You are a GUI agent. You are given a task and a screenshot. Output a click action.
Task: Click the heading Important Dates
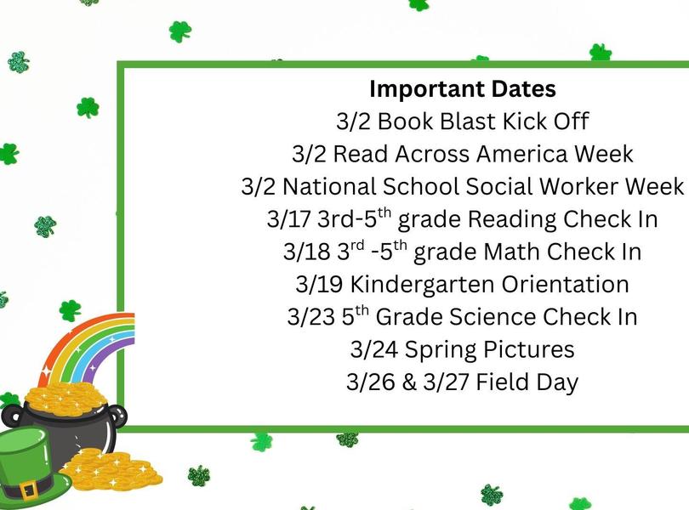463,88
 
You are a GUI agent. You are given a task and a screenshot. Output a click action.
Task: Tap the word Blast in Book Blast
468,121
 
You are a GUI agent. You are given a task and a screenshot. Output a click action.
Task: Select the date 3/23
310,318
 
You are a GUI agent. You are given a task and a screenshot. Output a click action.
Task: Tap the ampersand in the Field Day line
408,382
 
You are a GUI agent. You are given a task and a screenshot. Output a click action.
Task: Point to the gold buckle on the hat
28,489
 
